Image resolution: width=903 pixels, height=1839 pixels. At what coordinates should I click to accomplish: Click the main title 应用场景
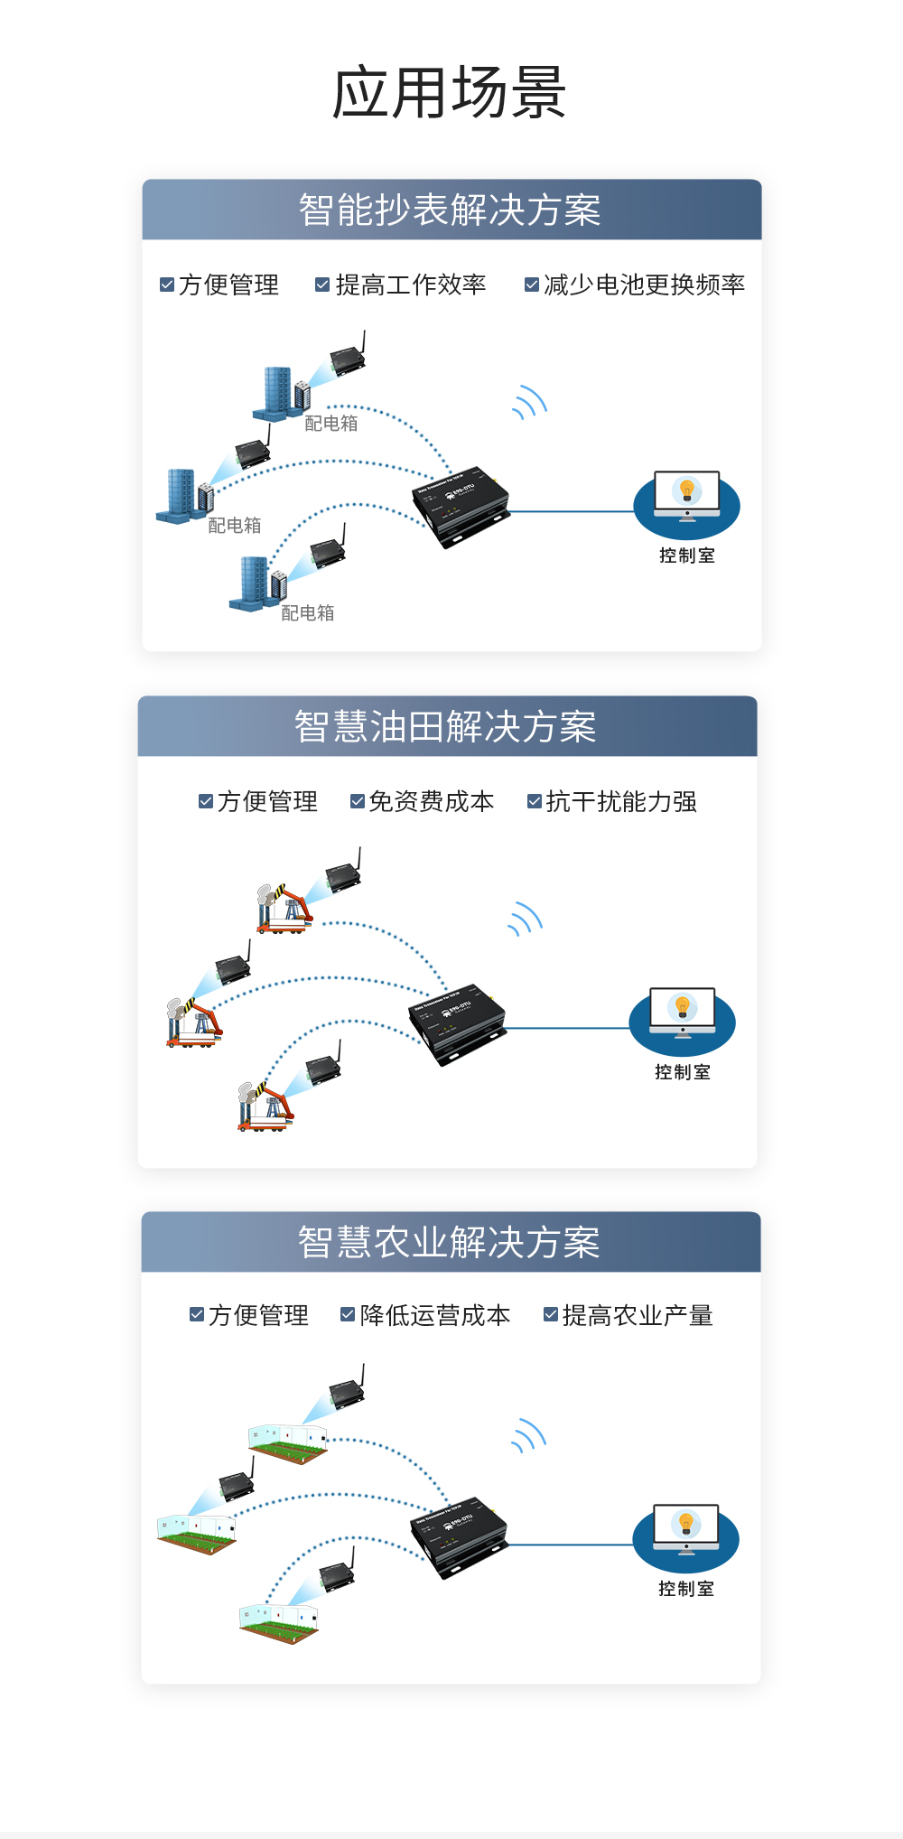[450, 93]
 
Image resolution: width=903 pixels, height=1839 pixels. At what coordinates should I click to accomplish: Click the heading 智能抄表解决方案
[450, 210]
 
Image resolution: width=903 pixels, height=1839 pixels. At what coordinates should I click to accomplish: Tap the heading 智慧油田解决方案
[445, 727]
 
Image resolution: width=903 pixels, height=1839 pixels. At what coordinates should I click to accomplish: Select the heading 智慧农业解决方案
[449, 1243]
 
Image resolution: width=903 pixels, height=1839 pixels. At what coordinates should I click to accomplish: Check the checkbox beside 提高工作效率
[321, 285]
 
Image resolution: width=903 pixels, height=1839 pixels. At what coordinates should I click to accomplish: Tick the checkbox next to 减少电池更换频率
[532, 285]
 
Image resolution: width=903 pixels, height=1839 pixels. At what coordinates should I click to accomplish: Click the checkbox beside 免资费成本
[358, 801]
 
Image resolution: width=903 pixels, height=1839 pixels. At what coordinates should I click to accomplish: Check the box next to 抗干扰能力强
[535, 801]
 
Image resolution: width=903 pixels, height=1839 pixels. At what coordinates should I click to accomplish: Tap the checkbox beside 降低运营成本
[348, 1315]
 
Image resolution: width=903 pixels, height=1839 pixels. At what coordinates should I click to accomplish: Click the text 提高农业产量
[638, 1316]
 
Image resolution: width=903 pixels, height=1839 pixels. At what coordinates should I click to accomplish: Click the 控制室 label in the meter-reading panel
[686, 555]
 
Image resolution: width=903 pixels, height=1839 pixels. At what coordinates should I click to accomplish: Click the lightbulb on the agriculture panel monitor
[686, 1524]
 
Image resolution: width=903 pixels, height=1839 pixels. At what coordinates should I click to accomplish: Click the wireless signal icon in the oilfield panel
[526, 919]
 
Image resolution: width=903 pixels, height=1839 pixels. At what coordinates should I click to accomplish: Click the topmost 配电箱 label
[331, 424]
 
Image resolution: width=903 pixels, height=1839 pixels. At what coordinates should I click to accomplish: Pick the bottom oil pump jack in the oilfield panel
[265, 1107]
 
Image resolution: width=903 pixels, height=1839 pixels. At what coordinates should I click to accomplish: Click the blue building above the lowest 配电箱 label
[255, 583]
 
